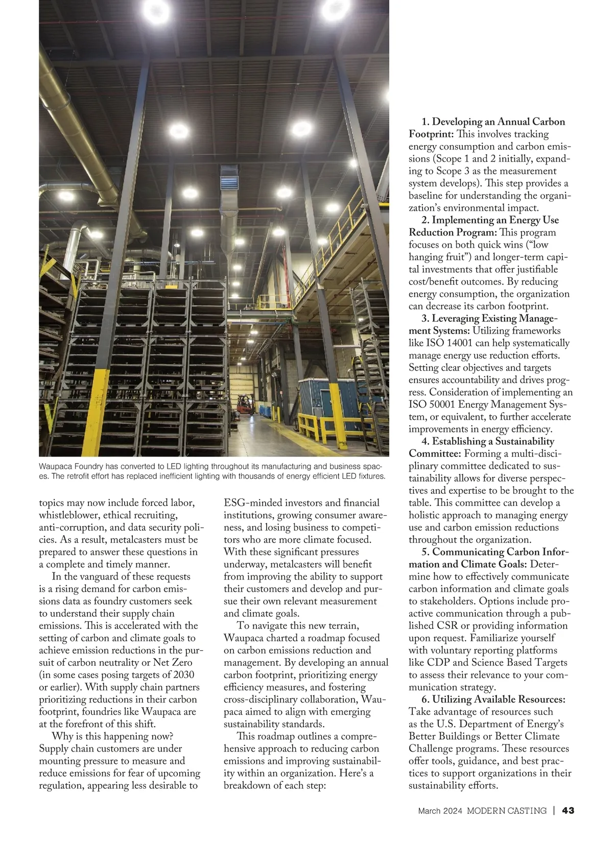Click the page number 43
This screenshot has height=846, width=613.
click(568, 810)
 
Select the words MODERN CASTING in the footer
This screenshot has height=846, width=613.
click(507, 810)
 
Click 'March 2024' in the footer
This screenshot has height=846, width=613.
click(440, 810)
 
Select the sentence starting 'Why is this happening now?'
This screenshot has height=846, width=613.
click(113, 736)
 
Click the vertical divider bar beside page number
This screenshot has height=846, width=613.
click(554, 810)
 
